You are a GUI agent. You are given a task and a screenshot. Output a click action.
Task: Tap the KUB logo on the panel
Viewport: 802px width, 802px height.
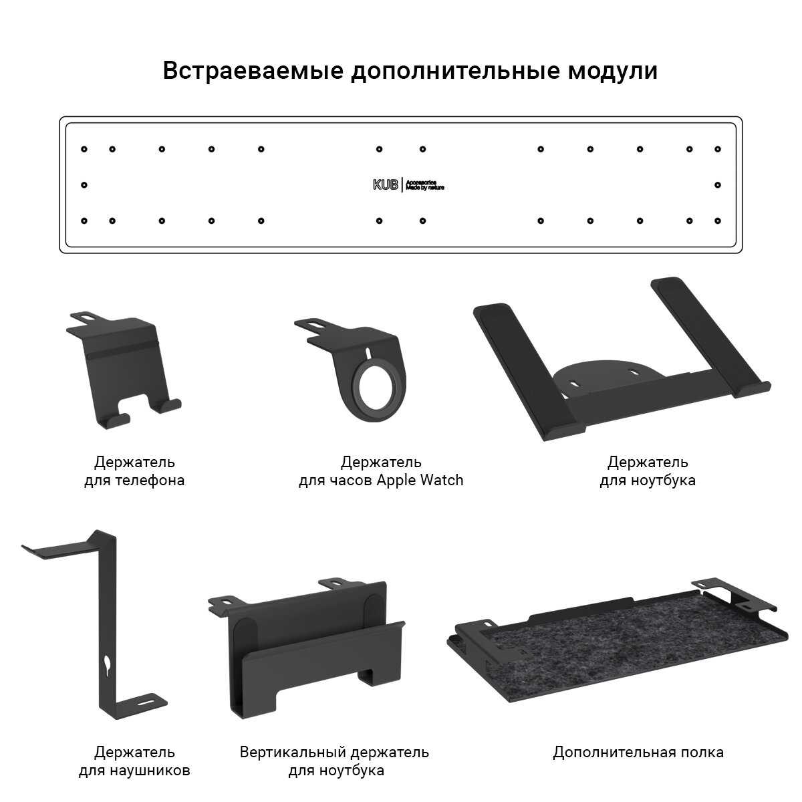[x=386, y=185]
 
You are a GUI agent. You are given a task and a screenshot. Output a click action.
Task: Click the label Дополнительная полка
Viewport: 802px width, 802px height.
[x=638, y=752]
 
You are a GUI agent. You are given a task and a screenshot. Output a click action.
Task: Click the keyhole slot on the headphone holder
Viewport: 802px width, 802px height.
[x=108, y=663]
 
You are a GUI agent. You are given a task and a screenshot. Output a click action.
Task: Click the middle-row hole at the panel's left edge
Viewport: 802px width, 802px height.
[x=84, y=184]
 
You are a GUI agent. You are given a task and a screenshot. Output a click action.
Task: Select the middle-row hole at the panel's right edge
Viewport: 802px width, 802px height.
[x=718, y=184]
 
